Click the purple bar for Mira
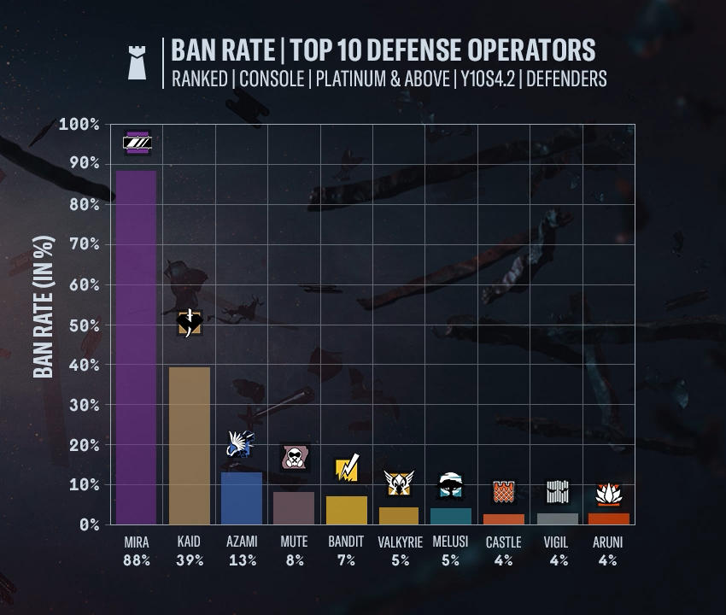coord(137,346)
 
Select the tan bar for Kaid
coord(189,445)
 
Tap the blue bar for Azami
coord(241,498)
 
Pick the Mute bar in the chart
coord(294,507)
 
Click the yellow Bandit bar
coord(346,510)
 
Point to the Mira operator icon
coord(137,143)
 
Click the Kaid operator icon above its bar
coord(189,323)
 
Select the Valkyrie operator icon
coord(398,483)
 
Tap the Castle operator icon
coord(503,492)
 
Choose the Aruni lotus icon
coord(608,494)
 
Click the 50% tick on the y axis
coord(79,325)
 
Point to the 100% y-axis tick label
coord(78,125)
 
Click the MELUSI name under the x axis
coord(450,542)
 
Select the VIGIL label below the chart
coord(556,542)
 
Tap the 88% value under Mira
coord(137,560)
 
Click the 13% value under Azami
coord(241,560)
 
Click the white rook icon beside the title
coord(137,63)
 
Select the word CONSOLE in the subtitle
coord(272,79)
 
